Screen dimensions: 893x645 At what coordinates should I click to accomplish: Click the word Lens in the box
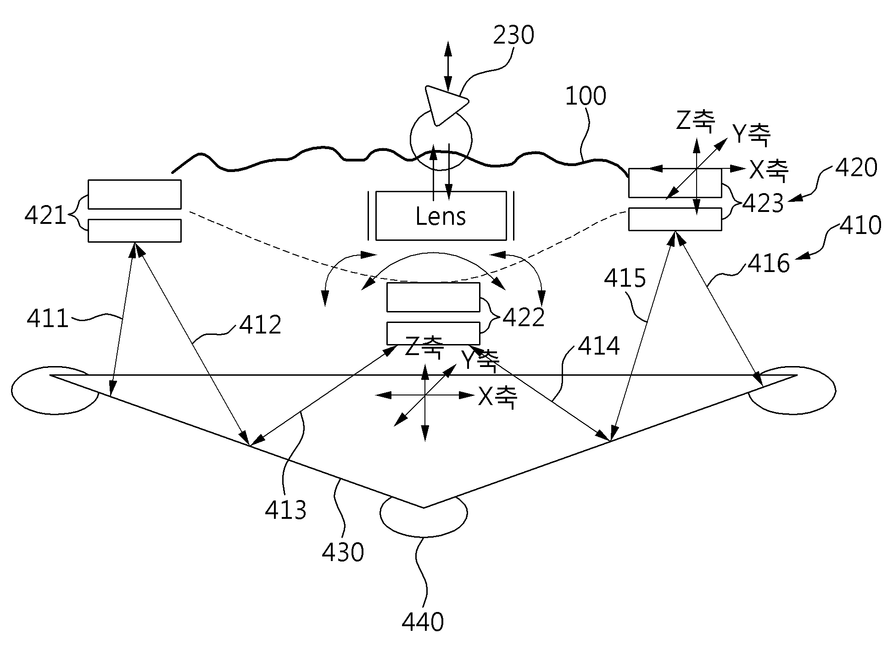coord(441,217)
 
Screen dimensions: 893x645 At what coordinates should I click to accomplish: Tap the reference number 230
coord(513,35)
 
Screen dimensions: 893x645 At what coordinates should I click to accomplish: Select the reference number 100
coord(586,96)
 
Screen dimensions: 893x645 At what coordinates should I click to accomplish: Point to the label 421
coord(45,215)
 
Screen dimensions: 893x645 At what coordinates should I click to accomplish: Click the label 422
coord(524,317)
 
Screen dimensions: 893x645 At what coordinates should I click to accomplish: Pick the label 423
coord(763,203)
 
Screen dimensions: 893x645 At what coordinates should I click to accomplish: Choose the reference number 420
coord(856,168)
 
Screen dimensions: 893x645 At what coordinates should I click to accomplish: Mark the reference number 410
coord(861,226)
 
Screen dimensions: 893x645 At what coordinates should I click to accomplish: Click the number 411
coord(48,318)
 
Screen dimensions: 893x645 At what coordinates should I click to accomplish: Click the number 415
coord(625,278)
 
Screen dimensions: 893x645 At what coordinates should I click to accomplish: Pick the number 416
coord(769,264)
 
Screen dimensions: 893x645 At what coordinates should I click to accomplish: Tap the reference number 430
coord(343,552)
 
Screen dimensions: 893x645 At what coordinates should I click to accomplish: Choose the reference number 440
coord(423,623)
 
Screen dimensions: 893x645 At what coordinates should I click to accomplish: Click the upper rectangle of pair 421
coord(134,195)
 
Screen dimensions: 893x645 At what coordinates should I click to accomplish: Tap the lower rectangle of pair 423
coord(675,219)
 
